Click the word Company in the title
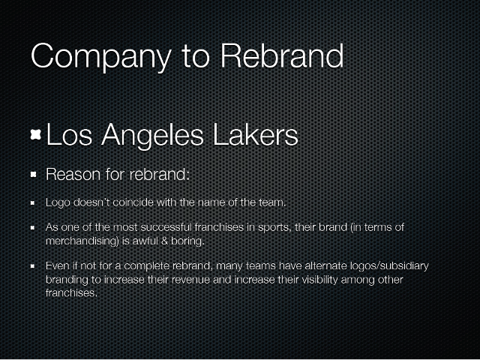101,57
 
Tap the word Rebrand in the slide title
282,55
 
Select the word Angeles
152,136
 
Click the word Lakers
255,135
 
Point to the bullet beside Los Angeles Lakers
36,135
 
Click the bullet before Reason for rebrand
34,175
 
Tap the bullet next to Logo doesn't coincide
32,202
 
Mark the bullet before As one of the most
32,228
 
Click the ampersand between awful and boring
165,241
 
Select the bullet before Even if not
32,266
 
